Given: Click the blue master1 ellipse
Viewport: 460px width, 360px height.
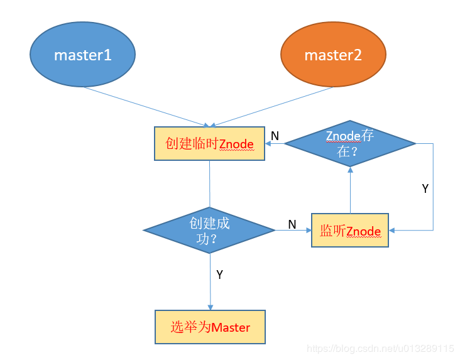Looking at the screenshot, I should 82,55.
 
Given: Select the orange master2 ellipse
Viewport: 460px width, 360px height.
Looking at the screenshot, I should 333,55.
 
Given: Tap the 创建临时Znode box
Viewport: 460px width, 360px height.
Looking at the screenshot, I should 210,144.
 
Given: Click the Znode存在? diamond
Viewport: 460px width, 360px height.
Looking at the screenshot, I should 350,144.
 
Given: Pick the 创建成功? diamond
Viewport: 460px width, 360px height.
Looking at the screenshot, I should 209,230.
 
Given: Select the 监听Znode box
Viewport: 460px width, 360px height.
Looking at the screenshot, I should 350,231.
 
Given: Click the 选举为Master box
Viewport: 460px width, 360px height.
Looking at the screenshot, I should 210,327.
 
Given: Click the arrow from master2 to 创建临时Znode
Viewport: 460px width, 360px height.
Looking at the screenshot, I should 273,106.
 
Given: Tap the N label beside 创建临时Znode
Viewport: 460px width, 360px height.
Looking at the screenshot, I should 275,136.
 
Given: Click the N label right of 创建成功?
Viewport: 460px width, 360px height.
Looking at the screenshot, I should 292,224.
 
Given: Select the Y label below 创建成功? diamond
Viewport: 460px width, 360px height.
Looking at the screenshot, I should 219,275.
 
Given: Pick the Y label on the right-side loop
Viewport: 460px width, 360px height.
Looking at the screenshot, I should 425,188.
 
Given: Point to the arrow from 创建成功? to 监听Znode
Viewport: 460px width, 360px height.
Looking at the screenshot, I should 293,231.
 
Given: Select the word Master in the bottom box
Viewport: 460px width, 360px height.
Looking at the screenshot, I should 231,327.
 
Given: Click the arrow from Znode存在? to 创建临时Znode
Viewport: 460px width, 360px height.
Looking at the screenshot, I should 275,144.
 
